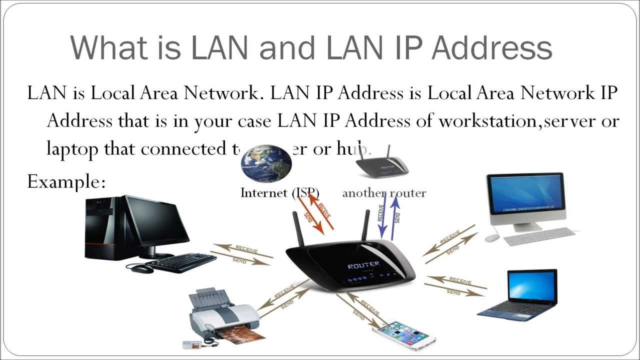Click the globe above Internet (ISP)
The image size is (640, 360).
[x=266, y=163]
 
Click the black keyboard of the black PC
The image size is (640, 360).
[x=180, y=262]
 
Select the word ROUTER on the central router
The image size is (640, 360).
[x=363, y=265]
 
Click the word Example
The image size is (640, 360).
[x=66, y=181]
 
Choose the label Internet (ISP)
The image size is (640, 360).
[x=279, y=193]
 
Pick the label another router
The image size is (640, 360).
[x=383, y=193]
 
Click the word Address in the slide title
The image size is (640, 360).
[x=492, y=47]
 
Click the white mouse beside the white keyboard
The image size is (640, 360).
[x=492, y=238]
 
